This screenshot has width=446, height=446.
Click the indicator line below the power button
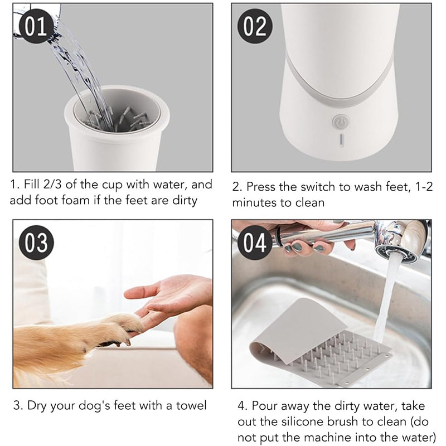click(341, 140)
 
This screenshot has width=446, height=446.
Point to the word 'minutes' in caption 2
click(254, 202)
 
